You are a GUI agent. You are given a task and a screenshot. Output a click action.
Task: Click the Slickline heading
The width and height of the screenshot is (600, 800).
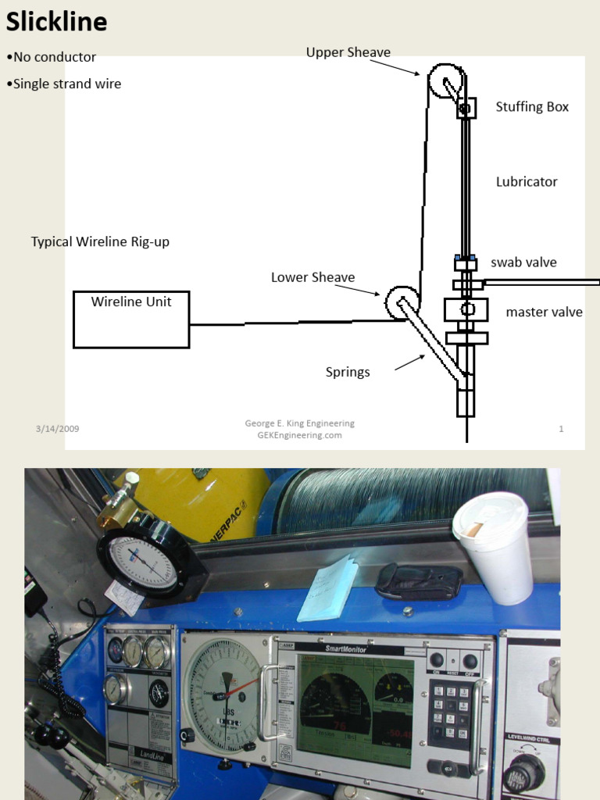point(56,22)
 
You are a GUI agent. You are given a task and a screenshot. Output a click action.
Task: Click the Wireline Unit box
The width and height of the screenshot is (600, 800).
point(131,319)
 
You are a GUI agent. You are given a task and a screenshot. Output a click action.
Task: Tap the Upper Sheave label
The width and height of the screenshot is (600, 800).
point(348,52)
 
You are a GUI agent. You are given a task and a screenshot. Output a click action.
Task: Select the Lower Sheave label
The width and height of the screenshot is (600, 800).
point(312,277)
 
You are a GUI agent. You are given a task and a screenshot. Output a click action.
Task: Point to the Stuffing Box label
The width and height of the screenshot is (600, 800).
point(532,107)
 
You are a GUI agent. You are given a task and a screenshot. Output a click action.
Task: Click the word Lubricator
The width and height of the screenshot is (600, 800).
point(527,182)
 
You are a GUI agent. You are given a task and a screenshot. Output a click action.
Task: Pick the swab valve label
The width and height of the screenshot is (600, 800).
point(523,262)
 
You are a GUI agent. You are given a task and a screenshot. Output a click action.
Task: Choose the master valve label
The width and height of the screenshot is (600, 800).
point(544,312)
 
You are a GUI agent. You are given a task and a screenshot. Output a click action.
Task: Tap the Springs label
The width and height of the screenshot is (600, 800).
point(348,372)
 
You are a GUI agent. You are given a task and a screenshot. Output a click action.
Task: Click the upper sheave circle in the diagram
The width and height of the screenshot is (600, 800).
point(446,81)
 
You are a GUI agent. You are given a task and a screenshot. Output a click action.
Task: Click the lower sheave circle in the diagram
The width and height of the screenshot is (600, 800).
point(402,302)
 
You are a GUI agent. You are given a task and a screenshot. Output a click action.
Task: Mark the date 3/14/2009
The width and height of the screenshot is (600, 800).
point(57,429)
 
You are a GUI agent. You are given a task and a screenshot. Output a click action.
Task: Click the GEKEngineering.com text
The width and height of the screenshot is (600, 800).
point(299,435)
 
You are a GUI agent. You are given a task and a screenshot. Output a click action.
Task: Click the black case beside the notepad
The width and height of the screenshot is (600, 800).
point(418,581)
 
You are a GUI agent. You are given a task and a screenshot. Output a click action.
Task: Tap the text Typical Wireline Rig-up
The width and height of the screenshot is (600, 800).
point(100,242)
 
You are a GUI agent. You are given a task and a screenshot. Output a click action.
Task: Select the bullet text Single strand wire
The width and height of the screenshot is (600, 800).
point(66,84)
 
